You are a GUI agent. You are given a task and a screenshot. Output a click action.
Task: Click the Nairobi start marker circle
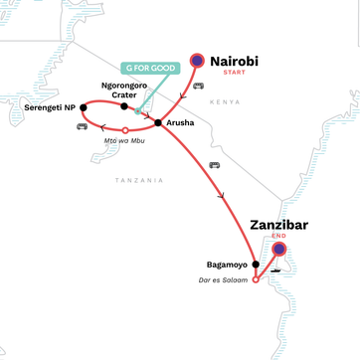pyautogui.click(x=197, y=61)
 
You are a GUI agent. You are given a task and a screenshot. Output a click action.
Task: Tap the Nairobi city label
pyautogui.click(x=240, y=62)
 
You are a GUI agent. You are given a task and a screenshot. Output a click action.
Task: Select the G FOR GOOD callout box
pyautogui.click(x=149, y=68)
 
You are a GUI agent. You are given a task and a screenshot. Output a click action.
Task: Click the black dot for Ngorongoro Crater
pyautogui.click(x=124, y=106)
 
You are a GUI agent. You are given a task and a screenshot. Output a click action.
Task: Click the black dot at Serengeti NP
pyautogui.click(x=84, y=107)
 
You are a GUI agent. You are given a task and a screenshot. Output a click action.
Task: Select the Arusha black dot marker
pyautogui.click(x=157, y=122)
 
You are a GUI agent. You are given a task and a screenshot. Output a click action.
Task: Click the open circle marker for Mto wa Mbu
pyautogui.click(x=124, y=130)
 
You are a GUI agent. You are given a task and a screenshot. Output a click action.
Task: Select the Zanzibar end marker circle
pyautogui.click(x=279, y=249)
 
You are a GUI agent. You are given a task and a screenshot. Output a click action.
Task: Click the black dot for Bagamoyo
pyautogui.click(x=256, y=265)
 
